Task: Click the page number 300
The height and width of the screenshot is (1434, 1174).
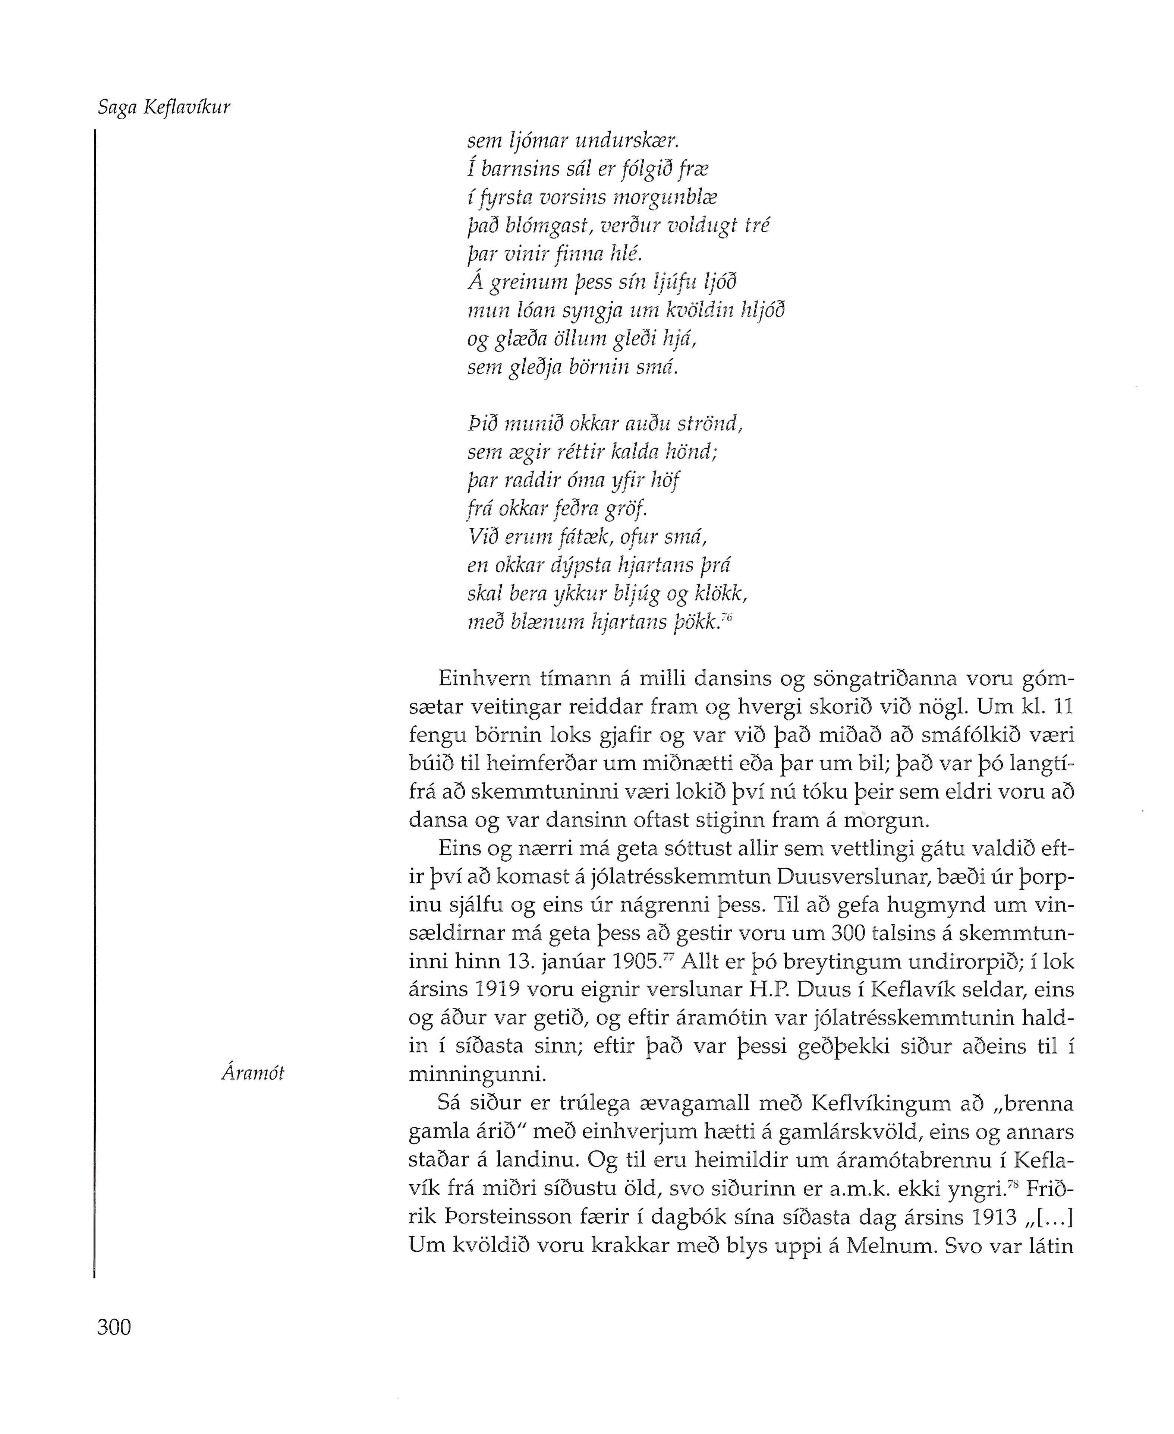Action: pyautogui.click(x=114, y=1327)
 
